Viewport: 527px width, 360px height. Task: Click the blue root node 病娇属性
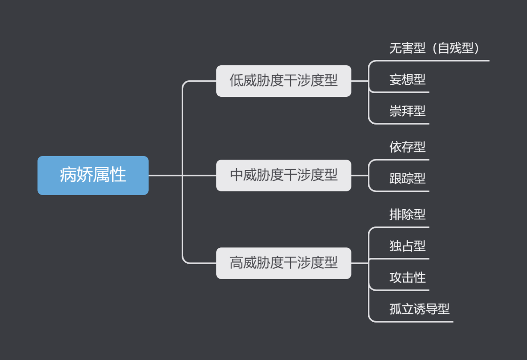[x=93, y=175]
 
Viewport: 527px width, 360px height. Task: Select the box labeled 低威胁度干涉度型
[x=283, y=81]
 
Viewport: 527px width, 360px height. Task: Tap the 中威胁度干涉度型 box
[x=283, y=175]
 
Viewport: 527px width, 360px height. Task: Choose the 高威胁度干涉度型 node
[x=283, y=263]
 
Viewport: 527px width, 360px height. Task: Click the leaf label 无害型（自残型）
[x=434, y=48]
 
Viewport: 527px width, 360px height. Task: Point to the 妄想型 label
[x=407, y=79]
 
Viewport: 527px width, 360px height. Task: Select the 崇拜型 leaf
[x=407, y=111]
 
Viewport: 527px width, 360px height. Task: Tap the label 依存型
[x=407, y=147]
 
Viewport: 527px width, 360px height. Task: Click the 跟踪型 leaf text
[x=407, y=179]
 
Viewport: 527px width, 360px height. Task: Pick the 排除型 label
[x=407, y=214]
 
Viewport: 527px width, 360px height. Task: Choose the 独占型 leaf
[x=407, y=246]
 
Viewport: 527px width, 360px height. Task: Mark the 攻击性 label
[x=407, y=277]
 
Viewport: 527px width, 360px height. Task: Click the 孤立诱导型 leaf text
[x=419, y=309]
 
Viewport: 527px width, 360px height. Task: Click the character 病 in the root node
[x=68, y=175]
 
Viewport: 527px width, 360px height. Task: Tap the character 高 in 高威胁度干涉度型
[x=236, y=263]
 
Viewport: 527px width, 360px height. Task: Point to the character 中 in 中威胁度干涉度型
[x=236, y=175]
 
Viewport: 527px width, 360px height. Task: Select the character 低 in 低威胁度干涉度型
[x=236, y=81]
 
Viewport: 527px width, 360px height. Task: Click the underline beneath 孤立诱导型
[x=420, y=321]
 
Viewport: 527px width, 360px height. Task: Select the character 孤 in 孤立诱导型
[x=395, y=309]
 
